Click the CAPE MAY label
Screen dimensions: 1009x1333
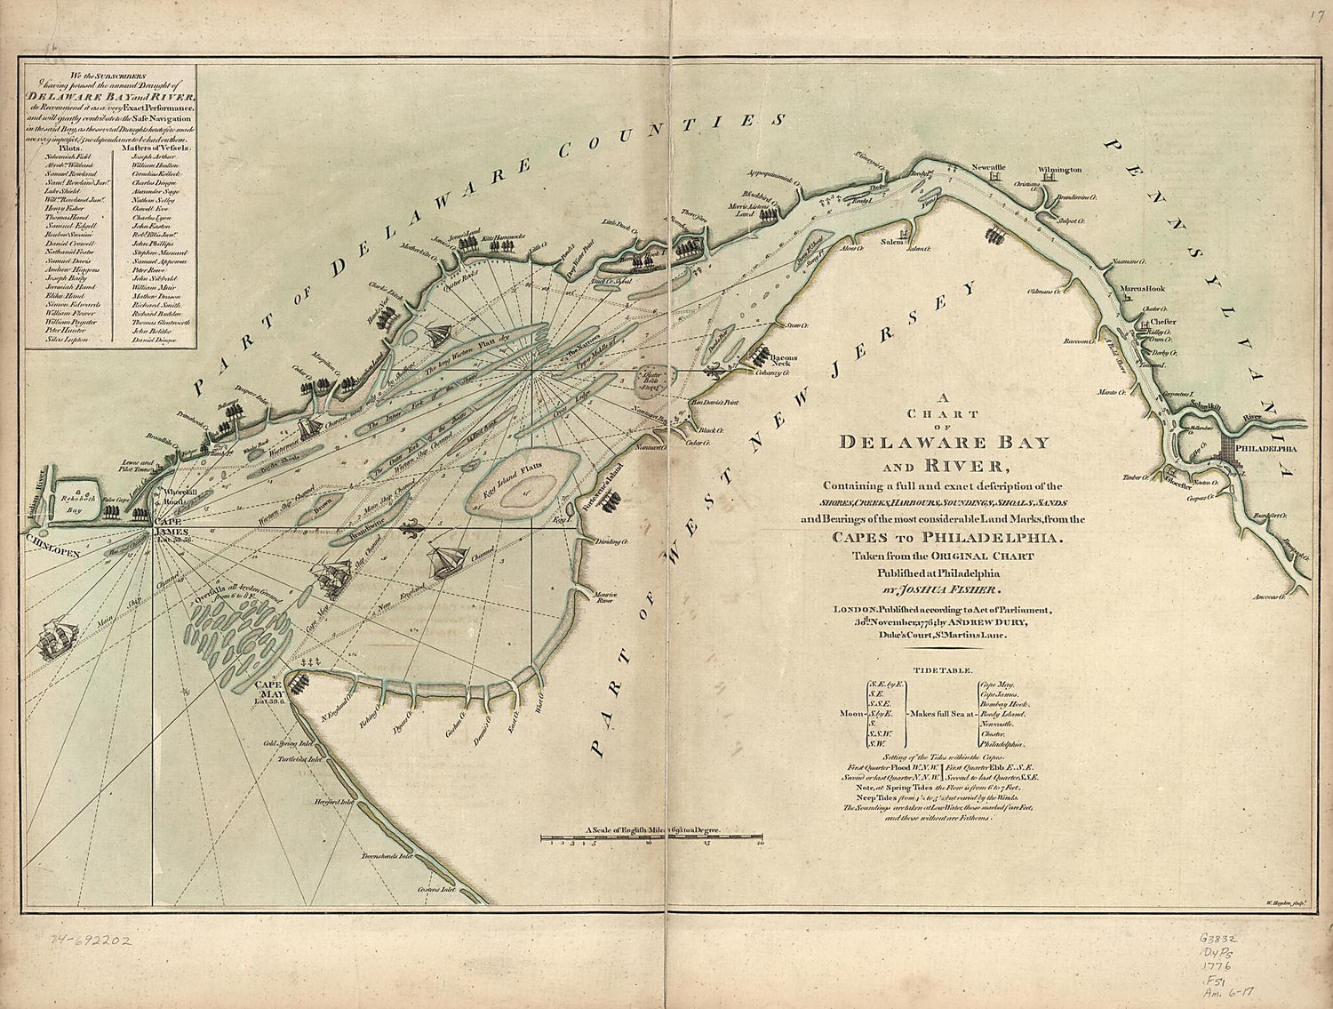(x=268, y=690)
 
